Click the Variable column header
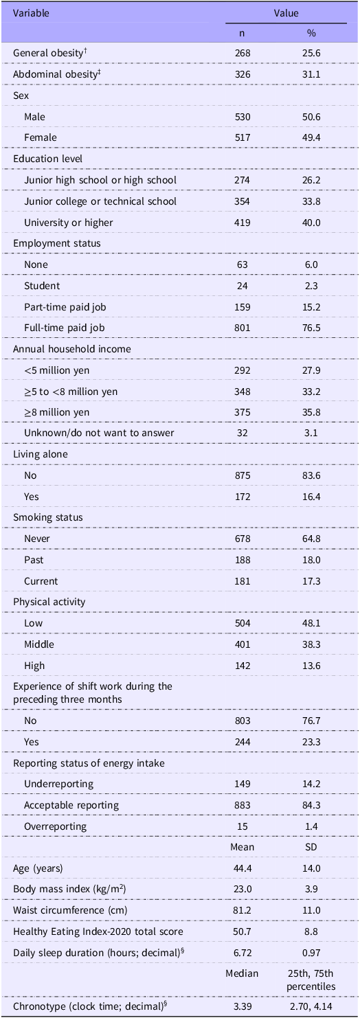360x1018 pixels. tap(31, 13)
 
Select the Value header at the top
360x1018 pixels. tap(286, 13)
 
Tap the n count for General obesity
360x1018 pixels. tap(243, 53)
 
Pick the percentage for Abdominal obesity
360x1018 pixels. tap(311, 74)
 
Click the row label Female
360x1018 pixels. tap(41, 137)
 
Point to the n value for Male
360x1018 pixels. tap(243, 117)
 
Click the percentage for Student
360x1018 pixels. tap(311, 286)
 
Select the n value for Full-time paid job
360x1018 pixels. tap(243, 328)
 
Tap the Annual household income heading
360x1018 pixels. tap(72, 349)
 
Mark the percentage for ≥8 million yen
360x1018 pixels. tap(311, 412)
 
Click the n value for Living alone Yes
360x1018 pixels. tap(243, 497)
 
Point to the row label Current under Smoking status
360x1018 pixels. tap(41, 581)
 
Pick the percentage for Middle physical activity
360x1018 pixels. tap(311, 644)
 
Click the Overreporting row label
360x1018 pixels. tap(55, 826)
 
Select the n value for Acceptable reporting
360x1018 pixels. tap(243, 805)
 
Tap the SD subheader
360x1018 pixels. tap(311, 847)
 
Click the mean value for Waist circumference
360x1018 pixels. tap(243, 910)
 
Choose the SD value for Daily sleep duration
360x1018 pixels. tap(311, 953)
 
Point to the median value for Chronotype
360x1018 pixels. tap(243, 1006)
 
